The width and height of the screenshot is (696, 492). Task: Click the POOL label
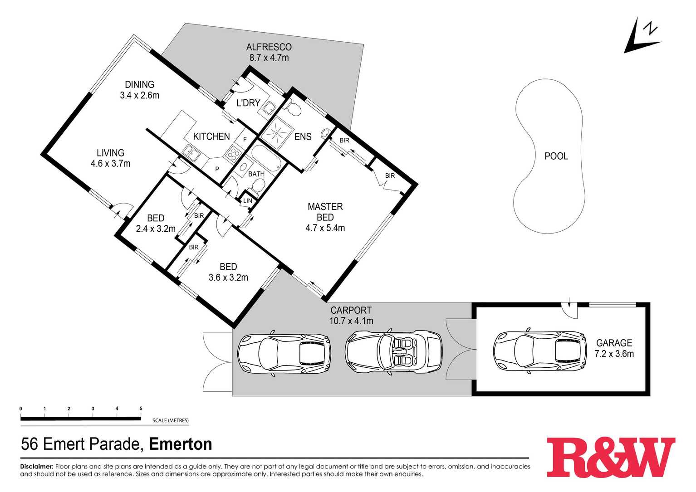(556, 156)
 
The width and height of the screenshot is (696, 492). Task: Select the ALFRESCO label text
(269, 47)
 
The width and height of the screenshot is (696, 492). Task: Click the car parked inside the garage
(540, 352)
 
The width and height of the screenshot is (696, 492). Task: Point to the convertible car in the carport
(394, 352)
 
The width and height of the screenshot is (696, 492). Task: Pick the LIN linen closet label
(248, 201)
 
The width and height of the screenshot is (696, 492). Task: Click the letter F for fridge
(245, 140)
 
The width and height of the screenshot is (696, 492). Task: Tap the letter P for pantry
(217, 169)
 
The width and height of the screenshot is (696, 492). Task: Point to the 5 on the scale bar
(141, 408)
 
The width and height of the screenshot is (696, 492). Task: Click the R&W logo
(611, 457)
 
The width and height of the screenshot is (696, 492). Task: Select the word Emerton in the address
(181, 444)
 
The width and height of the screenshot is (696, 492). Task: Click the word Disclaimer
(37, 466)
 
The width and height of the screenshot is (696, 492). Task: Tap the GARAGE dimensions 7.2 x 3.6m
(614, 354)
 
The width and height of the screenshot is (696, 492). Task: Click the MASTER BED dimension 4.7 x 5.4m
(325, 228)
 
